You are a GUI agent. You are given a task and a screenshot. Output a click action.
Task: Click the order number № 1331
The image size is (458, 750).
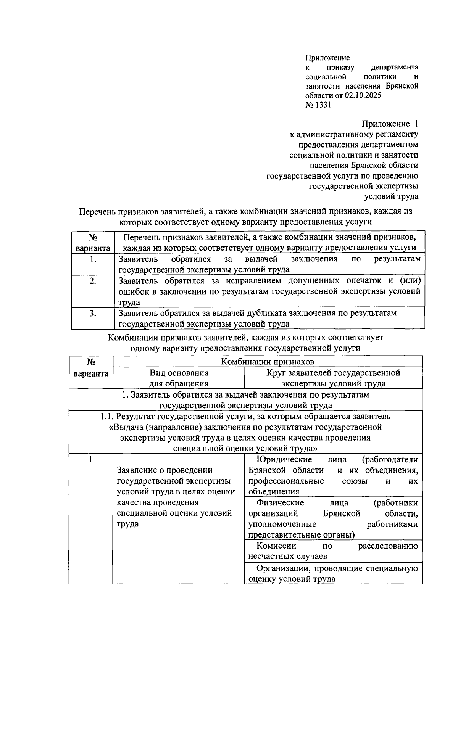coord(318,105)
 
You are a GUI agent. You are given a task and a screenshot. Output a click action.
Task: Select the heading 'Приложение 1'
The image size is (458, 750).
coord(390,124)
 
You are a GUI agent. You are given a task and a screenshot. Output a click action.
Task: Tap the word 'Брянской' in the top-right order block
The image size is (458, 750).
coord(402,86)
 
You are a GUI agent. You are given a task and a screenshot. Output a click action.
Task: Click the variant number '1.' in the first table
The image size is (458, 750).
coord(93,260)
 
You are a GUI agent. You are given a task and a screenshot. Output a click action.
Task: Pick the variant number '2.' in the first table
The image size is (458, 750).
coord(93,282)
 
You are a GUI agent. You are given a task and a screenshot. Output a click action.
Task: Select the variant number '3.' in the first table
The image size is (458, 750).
coord(93,314)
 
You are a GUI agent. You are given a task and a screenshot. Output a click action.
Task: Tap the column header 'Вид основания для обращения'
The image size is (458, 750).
coord(179,378)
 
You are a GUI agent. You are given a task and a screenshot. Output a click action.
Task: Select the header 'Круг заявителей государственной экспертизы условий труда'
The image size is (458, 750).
coord(333,378)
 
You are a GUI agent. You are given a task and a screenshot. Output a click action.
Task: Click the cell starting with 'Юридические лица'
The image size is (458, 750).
coord(333,475)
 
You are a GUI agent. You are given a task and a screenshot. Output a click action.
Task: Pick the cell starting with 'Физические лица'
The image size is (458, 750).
coord(333,518)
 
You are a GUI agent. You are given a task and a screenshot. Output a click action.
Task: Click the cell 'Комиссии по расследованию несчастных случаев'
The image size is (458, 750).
coord(333,551)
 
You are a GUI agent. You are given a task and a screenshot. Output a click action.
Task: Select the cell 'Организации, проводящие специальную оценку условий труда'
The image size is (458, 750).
coord(333,573)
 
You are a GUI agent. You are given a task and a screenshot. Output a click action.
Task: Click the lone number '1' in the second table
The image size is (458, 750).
coord(91,459)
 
